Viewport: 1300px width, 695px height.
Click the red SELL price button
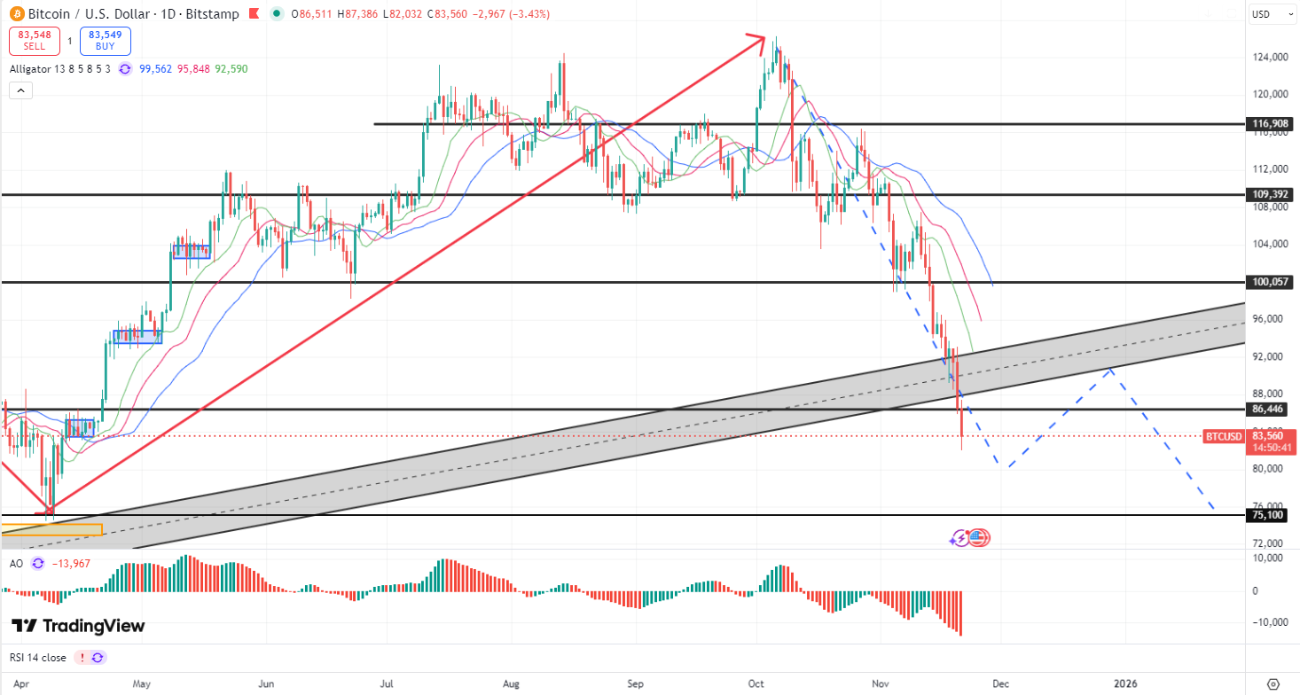tap(35, 41)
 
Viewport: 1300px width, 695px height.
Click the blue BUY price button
tap(105, 41)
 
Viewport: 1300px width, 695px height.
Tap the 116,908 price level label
tap(1269, 124)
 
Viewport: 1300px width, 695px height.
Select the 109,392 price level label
tap(1269, 194)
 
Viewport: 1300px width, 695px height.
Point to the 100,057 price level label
tap(1269, 282)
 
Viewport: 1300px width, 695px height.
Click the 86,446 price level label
tap(1269, 410)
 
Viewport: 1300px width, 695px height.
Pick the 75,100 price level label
tap(1269, 515)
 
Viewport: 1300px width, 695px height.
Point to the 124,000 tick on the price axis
tap(1270, 58)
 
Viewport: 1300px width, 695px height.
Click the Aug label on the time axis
tap(510, 683)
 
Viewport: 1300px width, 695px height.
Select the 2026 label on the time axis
tap(1125, 683)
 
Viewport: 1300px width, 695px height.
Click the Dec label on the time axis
tap(1000, 683)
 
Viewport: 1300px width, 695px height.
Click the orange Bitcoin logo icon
tap(17, 14)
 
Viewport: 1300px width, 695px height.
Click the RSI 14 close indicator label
tap(38, 658)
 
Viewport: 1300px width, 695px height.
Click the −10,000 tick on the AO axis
tap(1268, 621)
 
